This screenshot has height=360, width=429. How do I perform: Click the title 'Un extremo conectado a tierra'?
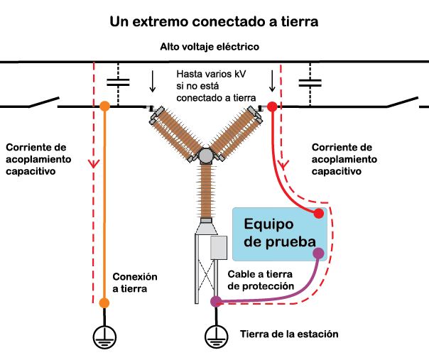point(213,21)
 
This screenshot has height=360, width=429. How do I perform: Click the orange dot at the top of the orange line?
point(104,107)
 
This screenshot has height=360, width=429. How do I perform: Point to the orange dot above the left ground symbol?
point(104,303)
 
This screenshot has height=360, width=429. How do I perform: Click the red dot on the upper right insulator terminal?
point(271,107)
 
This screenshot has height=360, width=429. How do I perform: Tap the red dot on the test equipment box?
point(320,213)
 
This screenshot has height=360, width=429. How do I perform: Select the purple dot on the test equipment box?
point(319,252)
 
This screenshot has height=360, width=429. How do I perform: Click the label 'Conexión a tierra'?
point(135,283)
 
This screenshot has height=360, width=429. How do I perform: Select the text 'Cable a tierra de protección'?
point(261,279)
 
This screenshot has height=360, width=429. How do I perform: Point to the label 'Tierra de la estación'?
point(289,334)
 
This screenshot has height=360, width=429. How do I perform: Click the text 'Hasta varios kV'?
point(211,74)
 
